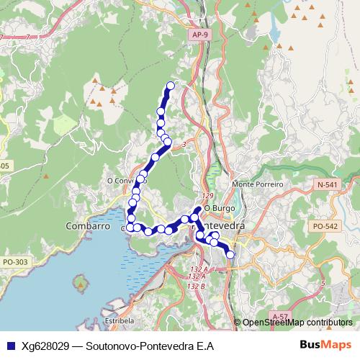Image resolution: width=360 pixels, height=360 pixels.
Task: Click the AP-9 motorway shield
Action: coord(201,34)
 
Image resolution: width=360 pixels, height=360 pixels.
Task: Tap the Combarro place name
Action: coord(86,225)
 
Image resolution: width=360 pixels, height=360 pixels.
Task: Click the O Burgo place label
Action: coord(215,208)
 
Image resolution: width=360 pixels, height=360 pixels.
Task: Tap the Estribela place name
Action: coord(120,320)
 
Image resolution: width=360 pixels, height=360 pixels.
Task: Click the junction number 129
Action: coord(208,196)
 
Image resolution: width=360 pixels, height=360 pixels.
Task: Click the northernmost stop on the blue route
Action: coord(171,86)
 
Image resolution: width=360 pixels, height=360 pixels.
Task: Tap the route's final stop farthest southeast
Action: coord(230,255)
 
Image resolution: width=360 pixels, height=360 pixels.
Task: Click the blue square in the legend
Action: coord(12,346)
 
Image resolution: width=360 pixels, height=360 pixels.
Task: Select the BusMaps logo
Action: coord(325,346)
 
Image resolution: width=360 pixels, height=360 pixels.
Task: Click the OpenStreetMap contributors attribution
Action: coord(297,323)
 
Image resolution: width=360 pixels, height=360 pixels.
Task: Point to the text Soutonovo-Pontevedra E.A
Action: coord(149,346)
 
